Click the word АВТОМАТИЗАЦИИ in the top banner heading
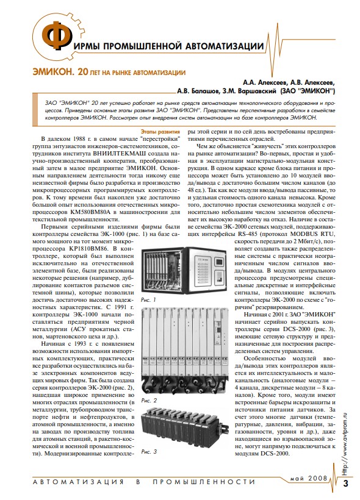coord(221,46)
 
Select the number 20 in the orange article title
coord(82,73)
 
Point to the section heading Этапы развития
coord(160,131)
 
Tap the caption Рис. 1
coord(148,300)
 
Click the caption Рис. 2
coord(149,401)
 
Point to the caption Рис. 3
coord(149,452)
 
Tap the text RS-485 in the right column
coord(247,234)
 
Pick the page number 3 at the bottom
coord(345,483)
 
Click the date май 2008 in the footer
coord(309,478)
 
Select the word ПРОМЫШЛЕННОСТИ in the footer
coord(204,482)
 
